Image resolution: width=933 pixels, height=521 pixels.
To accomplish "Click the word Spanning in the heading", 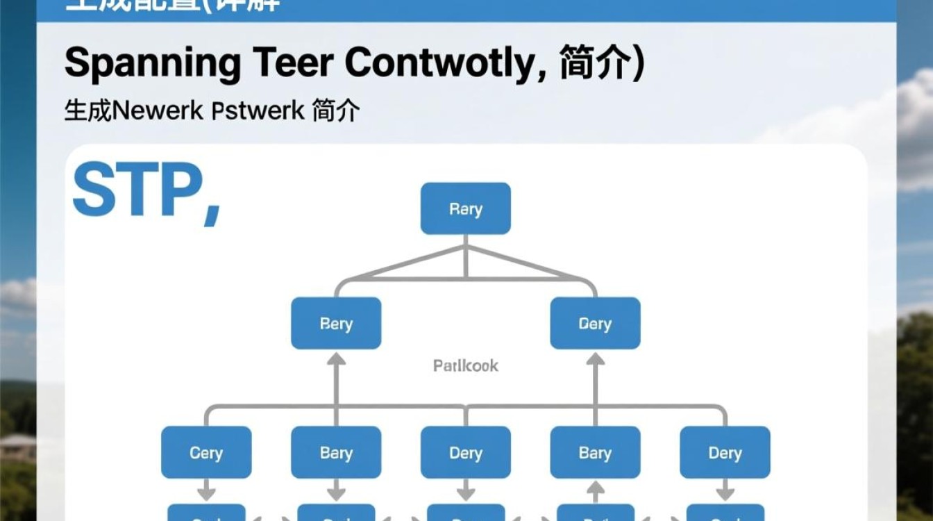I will tap(153, 64).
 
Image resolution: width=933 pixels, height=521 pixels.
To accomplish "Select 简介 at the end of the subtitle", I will tap(336, 110).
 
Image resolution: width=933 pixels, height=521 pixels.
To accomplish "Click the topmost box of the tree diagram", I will tap(465, 208).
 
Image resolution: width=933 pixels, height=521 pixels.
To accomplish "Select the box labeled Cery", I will tap(205, 453).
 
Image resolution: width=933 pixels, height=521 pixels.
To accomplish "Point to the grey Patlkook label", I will tap(465, 365).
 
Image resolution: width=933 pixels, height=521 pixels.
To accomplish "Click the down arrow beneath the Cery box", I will tap(205, 489).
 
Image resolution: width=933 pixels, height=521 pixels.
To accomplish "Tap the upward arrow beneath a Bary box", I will tap(595, 492).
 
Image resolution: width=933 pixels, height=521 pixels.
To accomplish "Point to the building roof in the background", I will tap(17, 442).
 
